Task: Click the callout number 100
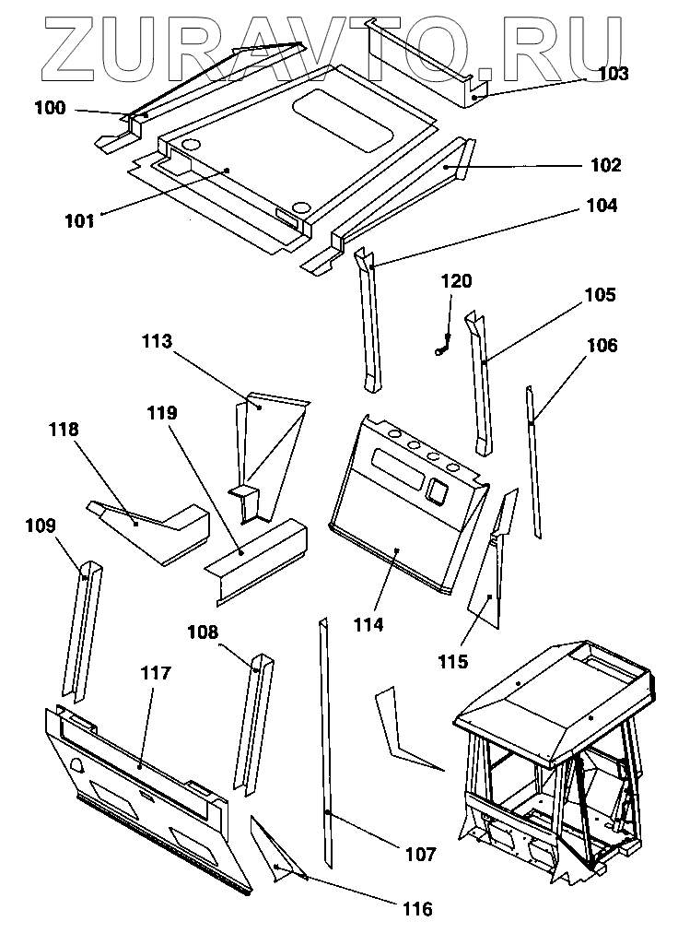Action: tap(50, 108)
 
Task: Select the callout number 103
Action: tap(612, 75)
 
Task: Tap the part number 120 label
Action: tap(454, 281)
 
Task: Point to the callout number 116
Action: tap(416, 910)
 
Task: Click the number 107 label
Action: tap(420, 855)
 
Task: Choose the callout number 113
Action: tap(157, 342)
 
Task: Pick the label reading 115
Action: tap(453, 661)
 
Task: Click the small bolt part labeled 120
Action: tap(441, 348)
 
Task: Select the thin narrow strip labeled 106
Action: tap(533, 461)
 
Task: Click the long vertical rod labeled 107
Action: tap(327, 738)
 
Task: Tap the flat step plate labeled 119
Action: tap(258, 558)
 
